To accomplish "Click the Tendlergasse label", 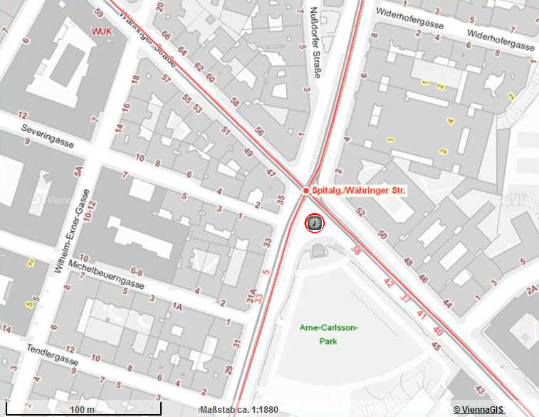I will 60,359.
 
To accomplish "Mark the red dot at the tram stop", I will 305,191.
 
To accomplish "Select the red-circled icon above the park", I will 314,223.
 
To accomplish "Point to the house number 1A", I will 177,306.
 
